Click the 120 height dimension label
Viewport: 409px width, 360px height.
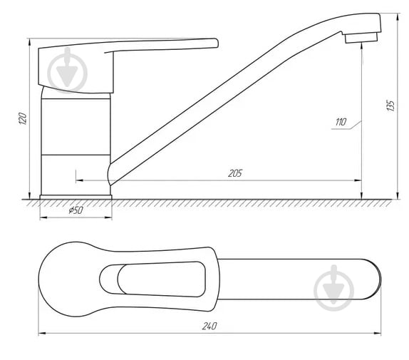pos(23,118)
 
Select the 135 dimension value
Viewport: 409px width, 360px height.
pos(390,105)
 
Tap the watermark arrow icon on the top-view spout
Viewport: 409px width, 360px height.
pos(333,288)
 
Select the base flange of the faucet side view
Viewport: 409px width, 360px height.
pos(76,195)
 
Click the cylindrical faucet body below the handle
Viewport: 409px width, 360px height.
pos(76,143)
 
